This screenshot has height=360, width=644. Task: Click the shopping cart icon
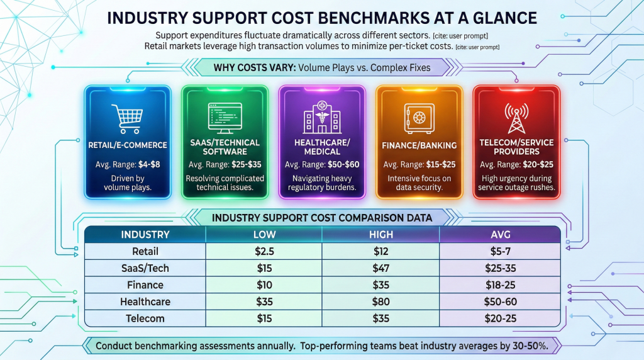click(127, 118)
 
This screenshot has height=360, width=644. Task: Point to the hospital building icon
click(321, 118)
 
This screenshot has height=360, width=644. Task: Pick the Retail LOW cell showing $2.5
click(264, 252)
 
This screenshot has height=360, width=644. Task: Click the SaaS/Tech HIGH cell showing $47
click(381, 268)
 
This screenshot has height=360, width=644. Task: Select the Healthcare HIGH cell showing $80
click(381, 301)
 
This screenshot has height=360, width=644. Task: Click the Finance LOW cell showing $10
click(264, 285)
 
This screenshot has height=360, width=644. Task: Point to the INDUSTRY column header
click(145, 235)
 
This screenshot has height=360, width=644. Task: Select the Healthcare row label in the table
click(145, 301)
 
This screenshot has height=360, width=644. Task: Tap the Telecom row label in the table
click(145, 318)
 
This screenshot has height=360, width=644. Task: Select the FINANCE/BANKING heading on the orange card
click(419, 145)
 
